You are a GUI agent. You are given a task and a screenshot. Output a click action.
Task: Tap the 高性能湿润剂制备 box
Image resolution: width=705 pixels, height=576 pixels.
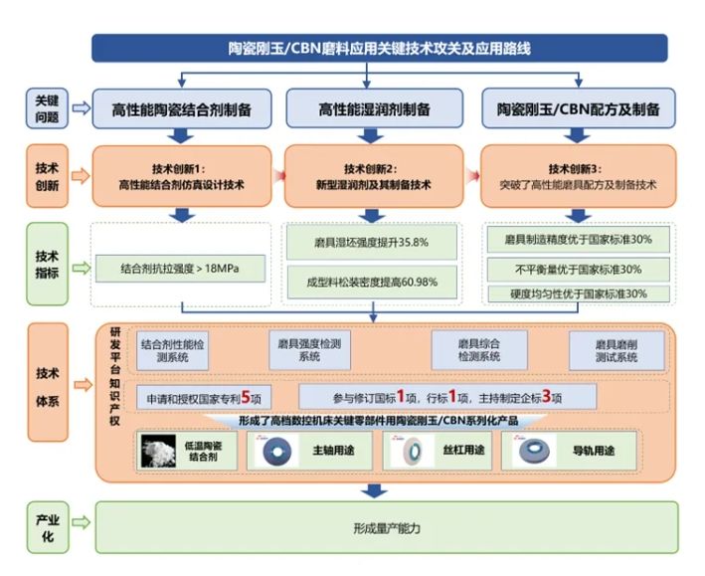click(374, 109)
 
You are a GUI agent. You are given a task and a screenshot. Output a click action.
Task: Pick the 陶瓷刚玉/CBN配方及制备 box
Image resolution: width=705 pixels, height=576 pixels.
click(577, 109)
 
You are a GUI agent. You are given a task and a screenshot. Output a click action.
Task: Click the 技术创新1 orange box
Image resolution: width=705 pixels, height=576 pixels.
click(181, 176)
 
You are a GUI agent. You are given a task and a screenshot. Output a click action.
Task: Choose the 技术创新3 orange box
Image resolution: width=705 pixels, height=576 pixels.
click(577, 176)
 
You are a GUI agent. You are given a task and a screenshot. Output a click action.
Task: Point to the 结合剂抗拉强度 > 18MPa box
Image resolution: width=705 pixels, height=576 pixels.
click(181, 267)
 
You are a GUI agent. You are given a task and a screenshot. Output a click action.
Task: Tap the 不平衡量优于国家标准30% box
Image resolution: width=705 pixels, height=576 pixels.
click(577, 269)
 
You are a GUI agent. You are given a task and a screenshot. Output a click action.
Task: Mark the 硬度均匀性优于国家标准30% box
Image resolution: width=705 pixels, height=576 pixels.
click(577, 293)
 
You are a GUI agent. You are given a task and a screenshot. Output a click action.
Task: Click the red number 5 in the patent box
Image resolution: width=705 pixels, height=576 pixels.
click(244, 396)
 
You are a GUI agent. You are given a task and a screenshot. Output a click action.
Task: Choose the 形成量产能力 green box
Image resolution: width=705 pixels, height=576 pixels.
click(386, 528)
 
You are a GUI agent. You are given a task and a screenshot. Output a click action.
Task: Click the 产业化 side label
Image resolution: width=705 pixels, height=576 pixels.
click(44, 528)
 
